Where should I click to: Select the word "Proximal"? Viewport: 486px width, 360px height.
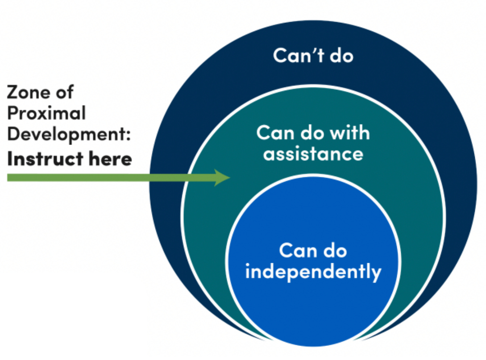(46, 113)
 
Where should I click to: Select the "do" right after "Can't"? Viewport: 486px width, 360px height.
(341, 56)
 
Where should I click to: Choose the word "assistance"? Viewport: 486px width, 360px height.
(313, 154)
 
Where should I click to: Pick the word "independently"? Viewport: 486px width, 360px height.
(313, 272)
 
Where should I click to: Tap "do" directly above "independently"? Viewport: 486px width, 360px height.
(335, 251)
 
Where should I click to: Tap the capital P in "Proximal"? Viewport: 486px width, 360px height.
(13, 113)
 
